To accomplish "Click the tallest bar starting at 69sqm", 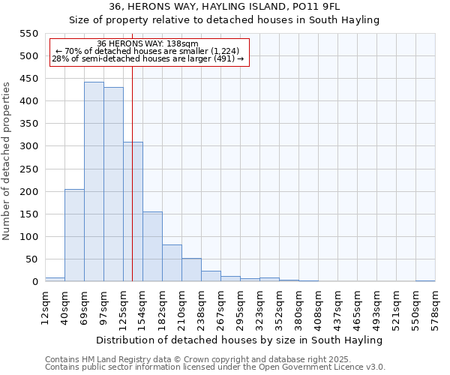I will click(x=94, y=182).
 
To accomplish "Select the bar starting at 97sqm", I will click(x=113, y=184).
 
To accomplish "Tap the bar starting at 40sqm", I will click(x=74, y=235).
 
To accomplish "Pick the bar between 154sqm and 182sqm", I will click(x=152, y=247).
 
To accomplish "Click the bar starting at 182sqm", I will click(x=172, y=263).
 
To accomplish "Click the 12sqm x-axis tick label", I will click(x=46, y=304).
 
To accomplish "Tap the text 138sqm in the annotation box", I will click(x=184, y=44).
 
